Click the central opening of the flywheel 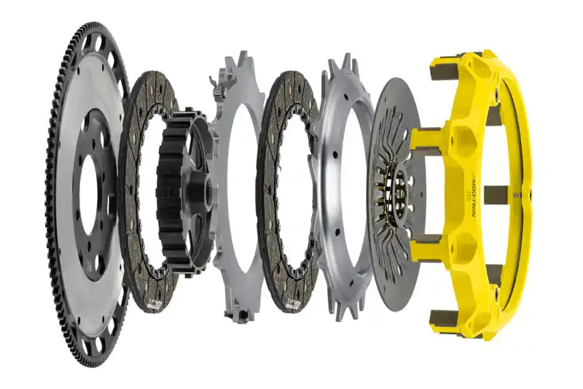point(90,193)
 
